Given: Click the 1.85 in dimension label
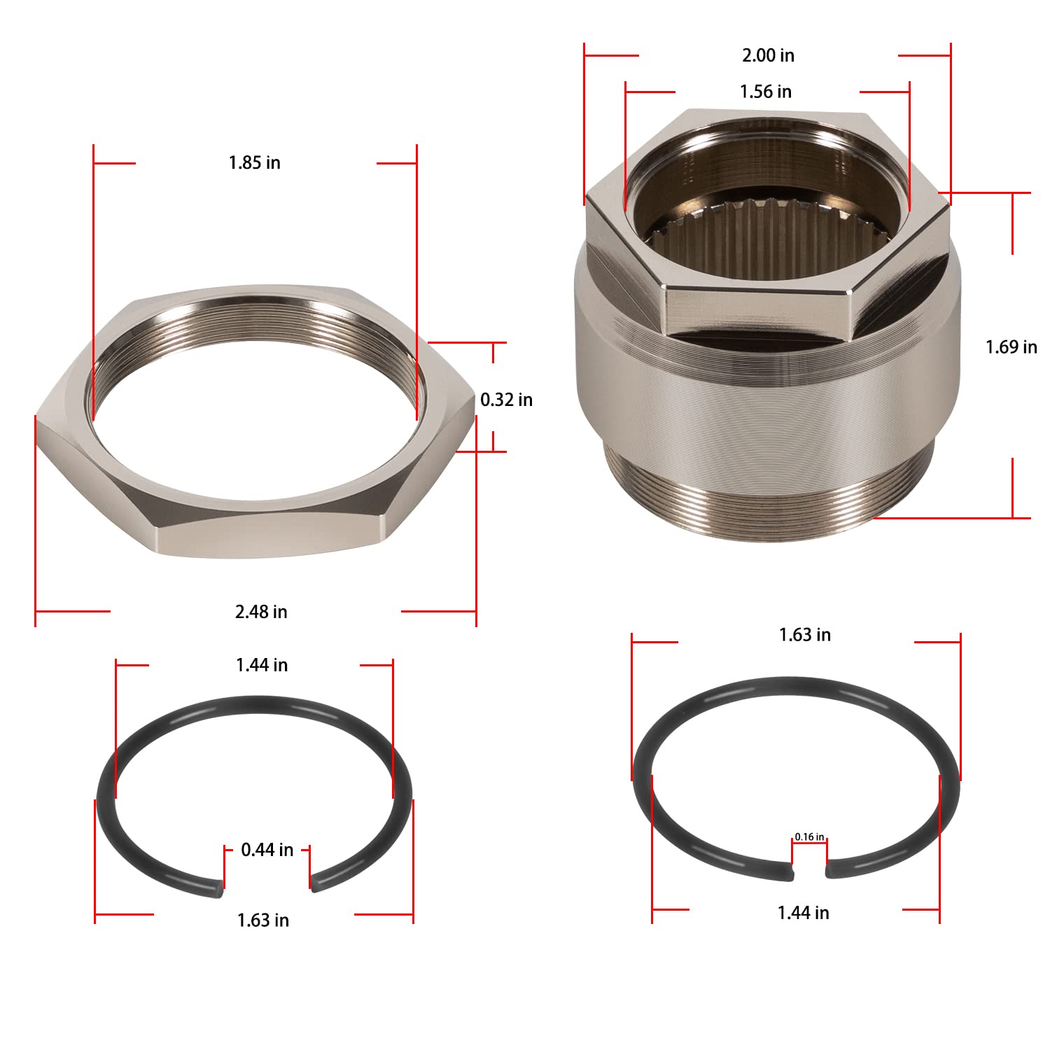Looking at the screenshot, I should coord(254,163).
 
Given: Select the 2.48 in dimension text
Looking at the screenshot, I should coord(261,612).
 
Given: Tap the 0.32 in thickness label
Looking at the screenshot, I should coord(506,400).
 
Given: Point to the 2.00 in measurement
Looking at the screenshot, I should coord(768,55).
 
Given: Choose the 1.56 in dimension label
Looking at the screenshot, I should coord(766,92).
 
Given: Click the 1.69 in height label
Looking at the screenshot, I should coord(1011,347).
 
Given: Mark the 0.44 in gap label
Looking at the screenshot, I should coord(267,850).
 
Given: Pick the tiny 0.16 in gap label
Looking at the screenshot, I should coord(809,837).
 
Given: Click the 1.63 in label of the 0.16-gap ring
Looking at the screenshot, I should coord(805,635).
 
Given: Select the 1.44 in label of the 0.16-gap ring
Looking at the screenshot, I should coord(803,913).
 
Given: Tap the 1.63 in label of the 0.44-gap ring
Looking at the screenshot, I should coord(262,920).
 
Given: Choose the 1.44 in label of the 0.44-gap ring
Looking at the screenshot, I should coord(262,665).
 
